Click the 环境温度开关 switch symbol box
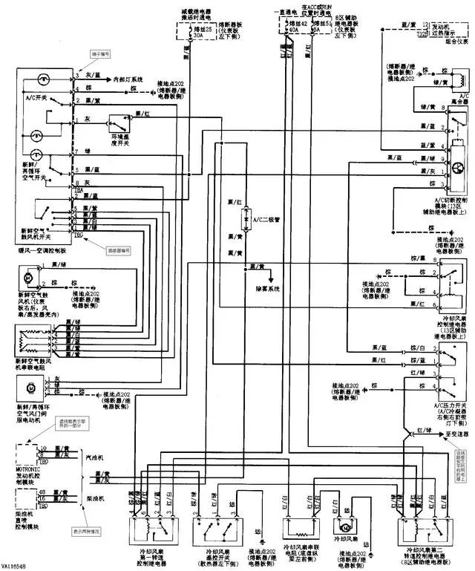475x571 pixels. point(118,125)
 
